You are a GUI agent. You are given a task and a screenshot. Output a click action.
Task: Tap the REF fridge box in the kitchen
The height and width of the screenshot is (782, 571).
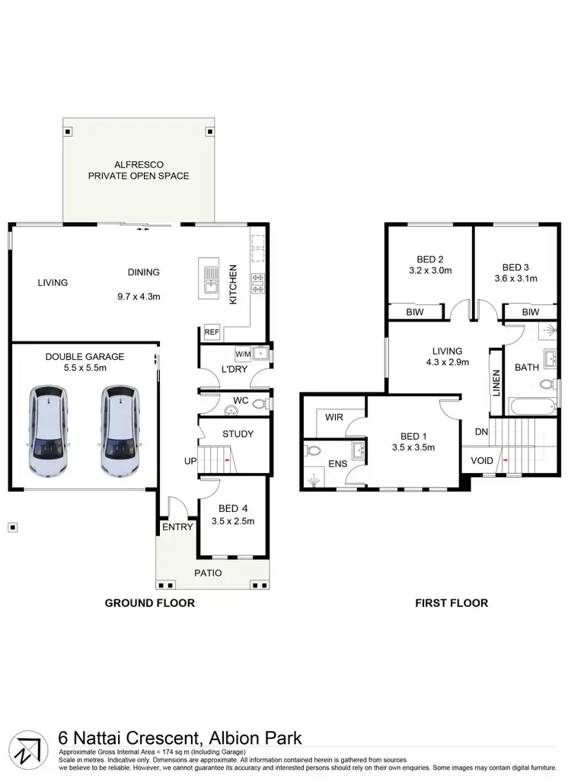coord(211,332)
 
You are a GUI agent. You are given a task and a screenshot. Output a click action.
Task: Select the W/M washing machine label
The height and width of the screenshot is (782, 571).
coord(243,354)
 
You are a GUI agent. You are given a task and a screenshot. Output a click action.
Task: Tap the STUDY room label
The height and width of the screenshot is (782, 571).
coord(238,434)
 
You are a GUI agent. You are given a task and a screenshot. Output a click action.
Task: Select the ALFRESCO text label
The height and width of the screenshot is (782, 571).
coord(139,164)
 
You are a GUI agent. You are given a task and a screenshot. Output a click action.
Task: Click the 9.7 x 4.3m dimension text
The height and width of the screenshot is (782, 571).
coord(139,297)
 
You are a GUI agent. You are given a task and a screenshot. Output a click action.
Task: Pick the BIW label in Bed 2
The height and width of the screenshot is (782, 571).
coord(415,312)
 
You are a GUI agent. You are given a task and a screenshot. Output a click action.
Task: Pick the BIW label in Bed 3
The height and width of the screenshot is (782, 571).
coord(531,312)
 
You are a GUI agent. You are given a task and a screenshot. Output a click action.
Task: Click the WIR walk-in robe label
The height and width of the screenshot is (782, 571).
coord(333,418)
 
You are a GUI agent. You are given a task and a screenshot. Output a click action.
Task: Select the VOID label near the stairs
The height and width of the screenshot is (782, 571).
coord(482,460)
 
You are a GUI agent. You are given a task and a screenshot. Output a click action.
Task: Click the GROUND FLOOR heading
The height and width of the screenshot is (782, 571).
coord(149,603)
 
